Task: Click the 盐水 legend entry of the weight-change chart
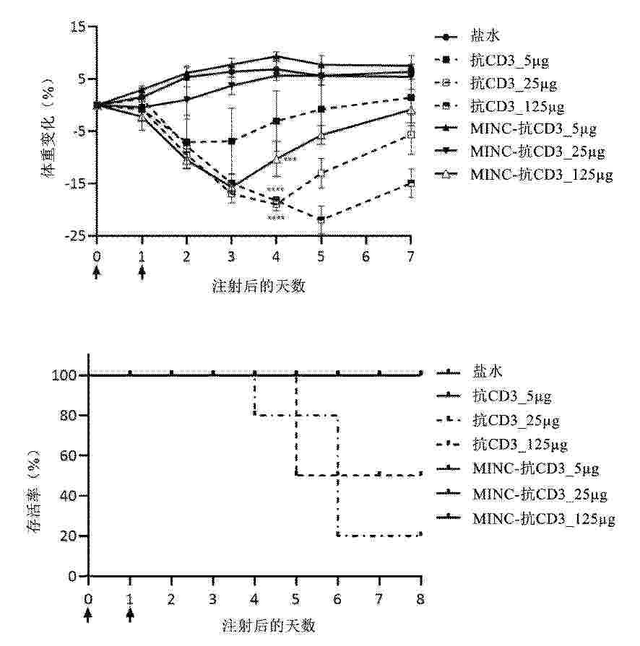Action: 484,36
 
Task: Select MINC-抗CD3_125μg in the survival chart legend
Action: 543,518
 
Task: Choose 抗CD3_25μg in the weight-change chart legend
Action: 514,83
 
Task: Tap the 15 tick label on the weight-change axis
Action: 78,27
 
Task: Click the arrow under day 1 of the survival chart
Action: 130,614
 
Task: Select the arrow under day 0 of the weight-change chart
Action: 97,274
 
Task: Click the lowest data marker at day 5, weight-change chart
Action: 321,220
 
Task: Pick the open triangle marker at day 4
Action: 276,158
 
